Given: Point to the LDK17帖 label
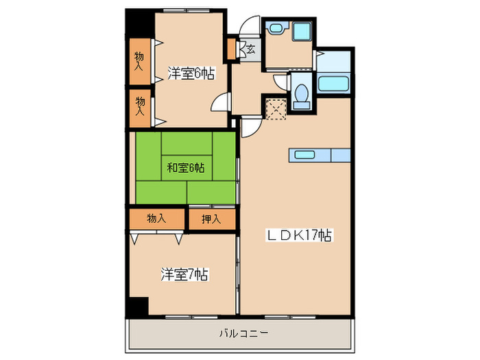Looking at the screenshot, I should pyautogui.click(x=299, y=236).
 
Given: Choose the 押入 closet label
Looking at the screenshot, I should pyautogui.click(x=211, y=219).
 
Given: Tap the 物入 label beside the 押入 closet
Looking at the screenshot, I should pyautogui.click(x=156, y=219).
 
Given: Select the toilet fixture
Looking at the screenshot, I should pyautogui.click(x=300, y=96).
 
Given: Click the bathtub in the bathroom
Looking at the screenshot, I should pyautogui.click(x=335, y=85).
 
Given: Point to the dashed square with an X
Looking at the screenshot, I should pyautogui.click(x=275, y=109).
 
